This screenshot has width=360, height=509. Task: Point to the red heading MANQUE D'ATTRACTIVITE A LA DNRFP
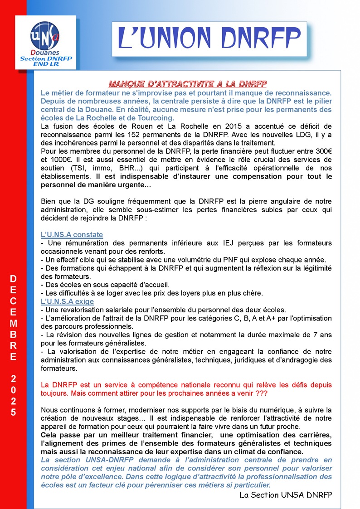(x=188, y=84)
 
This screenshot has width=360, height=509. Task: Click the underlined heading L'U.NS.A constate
(x=72, y=234)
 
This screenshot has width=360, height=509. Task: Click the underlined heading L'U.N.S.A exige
(x=68, y=301)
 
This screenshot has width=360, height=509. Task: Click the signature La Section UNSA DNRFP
(x=286, y=494)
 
